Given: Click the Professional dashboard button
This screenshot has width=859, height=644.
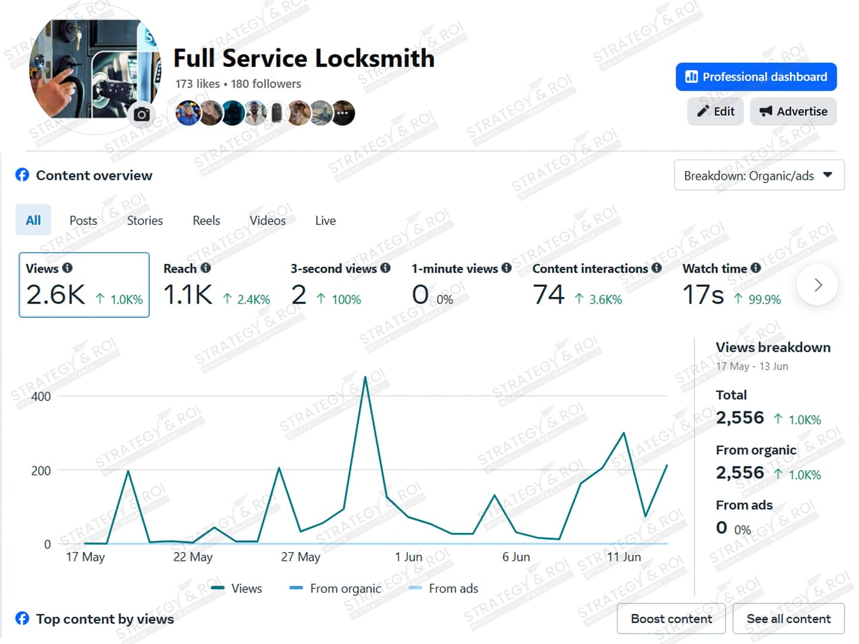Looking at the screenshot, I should [x=756, y=77].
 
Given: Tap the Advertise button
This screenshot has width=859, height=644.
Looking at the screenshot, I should [x=793, y=112].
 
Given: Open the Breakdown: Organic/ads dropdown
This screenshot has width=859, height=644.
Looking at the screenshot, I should [x=759, y=175].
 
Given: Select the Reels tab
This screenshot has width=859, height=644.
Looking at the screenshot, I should [x=206, y=221].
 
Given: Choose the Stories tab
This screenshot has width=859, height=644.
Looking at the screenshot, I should [x=144, y=221].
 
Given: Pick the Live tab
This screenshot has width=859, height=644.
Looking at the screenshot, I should [x=325, y=221].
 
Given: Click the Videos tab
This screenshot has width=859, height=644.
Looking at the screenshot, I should [x=267, y=221].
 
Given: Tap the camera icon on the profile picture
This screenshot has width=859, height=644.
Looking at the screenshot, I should [x=142, y=114].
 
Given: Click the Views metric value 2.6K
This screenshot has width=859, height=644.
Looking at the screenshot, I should [x=55, y=295].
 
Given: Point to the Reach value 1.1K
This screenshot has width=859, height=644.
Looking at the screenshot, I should [x=188, y=295].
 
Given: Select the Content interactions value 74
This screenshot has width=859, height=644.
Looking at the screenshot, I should [x=548, y=295].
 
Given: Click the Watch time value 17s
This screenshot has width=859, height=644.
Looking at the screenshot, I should [x=703, y=295].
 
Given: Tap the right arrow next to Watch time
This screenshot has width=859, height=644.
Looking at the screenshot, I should [x=818, y=285].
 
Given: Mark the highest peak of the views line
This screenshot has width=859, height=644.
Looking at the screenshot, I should [x=366, y=377].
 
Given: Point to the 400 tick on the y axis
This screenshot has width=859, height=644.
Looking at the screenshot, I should [x=41, y=397].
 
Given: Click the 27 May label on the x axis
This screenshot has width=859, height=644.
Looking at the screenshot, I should [x=301, y=557].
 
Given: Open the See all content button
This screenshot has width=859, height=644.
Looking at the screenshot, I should [x=788, y=619].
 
